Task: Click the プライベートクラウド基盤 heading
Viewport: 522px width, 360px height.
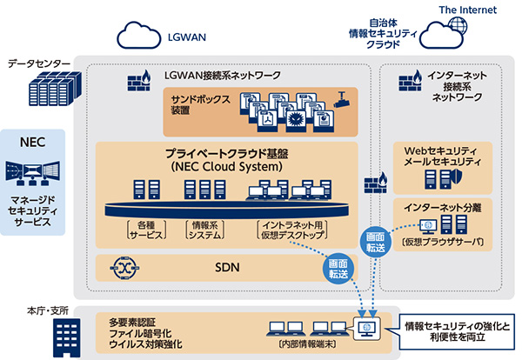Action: point(227,151)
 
